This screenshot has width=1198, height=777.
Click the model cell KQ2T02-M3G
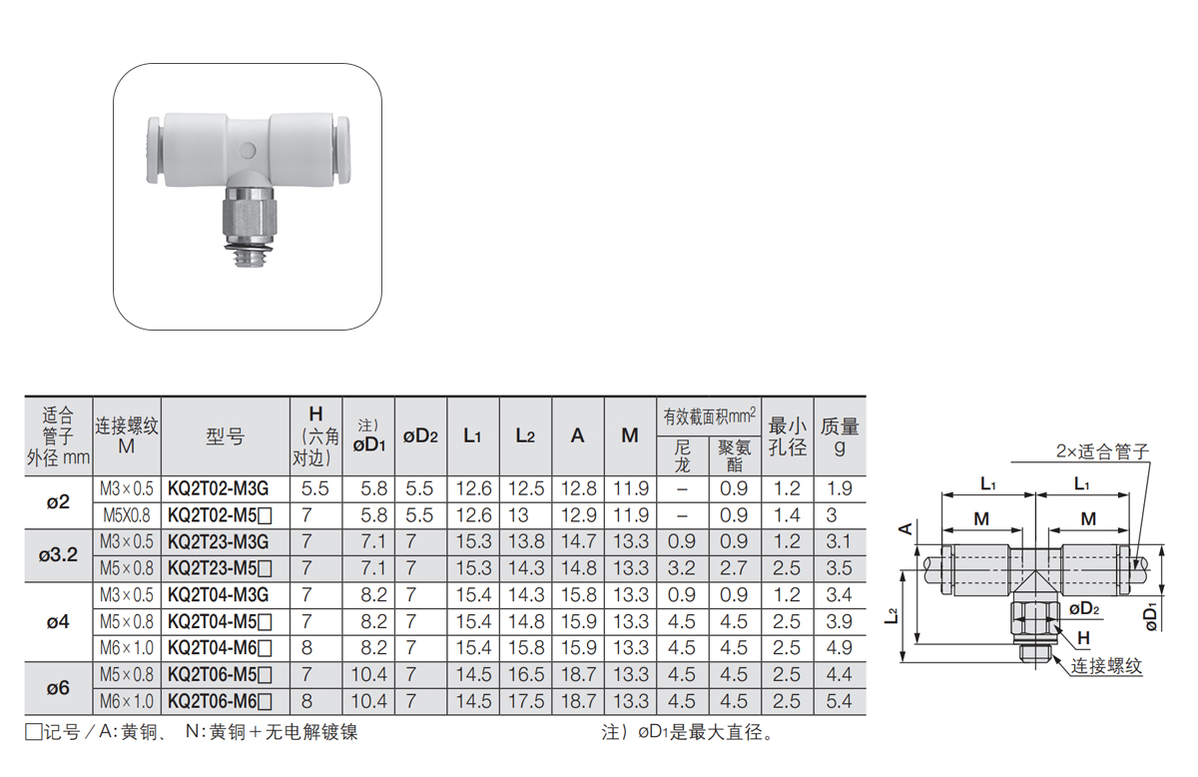[219, 488]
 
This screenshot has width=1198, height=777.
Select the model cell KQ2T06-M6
[220, 701]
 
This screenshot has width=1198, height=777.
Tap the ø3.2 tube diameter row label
[58, 555]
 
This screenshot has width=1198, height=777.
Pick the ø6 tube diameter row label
[58, 688]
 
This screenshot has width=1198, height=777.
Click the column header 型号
[226, 436]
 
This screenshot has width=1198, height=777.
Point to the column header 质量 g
[840, 436]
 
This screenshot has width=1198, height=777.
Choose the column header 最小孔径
[788, 436]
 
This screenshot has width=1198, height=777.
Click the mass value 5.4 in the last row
[839, 701]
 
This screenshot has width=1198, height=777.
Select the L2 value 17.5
[526, 701]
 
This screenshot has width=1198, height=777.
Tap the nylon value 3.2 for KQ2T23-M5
[681, 568]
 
